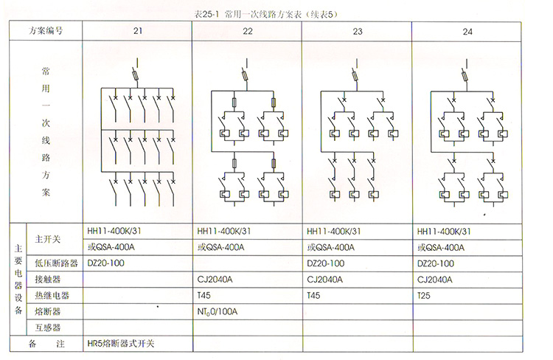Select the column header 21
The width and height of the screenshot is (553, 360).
(x=138, y=31)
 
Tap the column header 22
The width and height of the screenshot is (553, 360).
(x=247, y=31)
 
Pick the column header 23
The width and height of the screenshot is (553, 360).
(x=358, y=31)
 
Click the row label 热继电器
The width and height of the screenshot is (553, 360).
(x=52, y=296)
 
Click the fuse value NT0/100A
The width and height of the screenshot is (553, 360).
(x=218, y=312)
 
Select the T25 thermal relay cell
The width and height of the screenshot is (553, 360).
(x=424, y=296)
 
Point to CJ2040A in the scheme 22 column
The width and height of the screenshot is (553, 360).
(x=215, y=280)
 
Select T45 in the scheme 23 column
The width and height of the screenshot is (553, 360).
(x=314, y=296)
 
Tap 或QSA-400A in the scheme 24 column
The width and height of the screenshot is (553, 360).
(x=442, y=247)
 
